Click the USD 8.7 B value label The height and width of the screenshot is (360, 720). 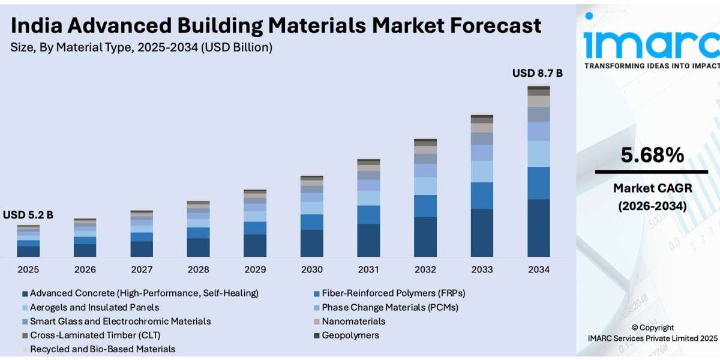(x=537, y=73)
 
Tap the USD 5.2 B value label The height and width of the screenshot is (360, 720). (x=28, y=215)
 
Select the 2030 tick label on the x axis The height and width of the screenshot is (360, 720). (x=311, y=269)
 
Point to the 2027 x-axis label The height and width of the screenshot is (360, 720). (x=142, y=269)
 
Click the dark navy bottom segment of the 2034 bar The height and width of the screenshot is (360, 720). (x=538, y=228)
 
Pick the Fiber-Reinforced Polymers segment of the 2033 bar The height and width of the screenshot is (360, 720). (x=482, y=196)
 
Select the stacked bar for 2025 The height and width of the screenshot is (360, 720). (x=28, y=241)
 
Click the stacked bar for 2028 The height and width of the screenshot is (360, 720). (x=198, y=229)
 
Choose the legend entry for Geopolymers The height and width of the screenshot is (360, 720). (x=350, y=335)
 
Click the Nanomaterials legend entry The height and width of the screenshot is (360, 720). (x=353, y=321)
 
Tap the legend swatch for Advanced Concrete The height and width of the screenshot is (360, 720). (x=25, y=294)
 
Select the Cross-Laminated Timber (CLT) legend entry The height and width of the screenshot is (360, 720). (x=95, y=335)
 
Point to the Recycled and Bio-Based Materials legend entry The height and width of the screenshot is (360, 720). (x=102, y=349)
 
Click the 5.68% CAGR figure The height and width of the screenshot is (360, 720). (x=652, y=156)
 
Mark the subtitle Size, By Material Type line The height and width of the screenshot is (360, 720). (x=142, y=47)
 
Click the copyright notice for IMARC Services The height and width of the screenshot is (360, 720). (x=653, y=333)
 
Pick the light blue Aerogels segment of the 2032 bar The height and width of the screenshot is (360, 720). (x=425, y=186)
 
